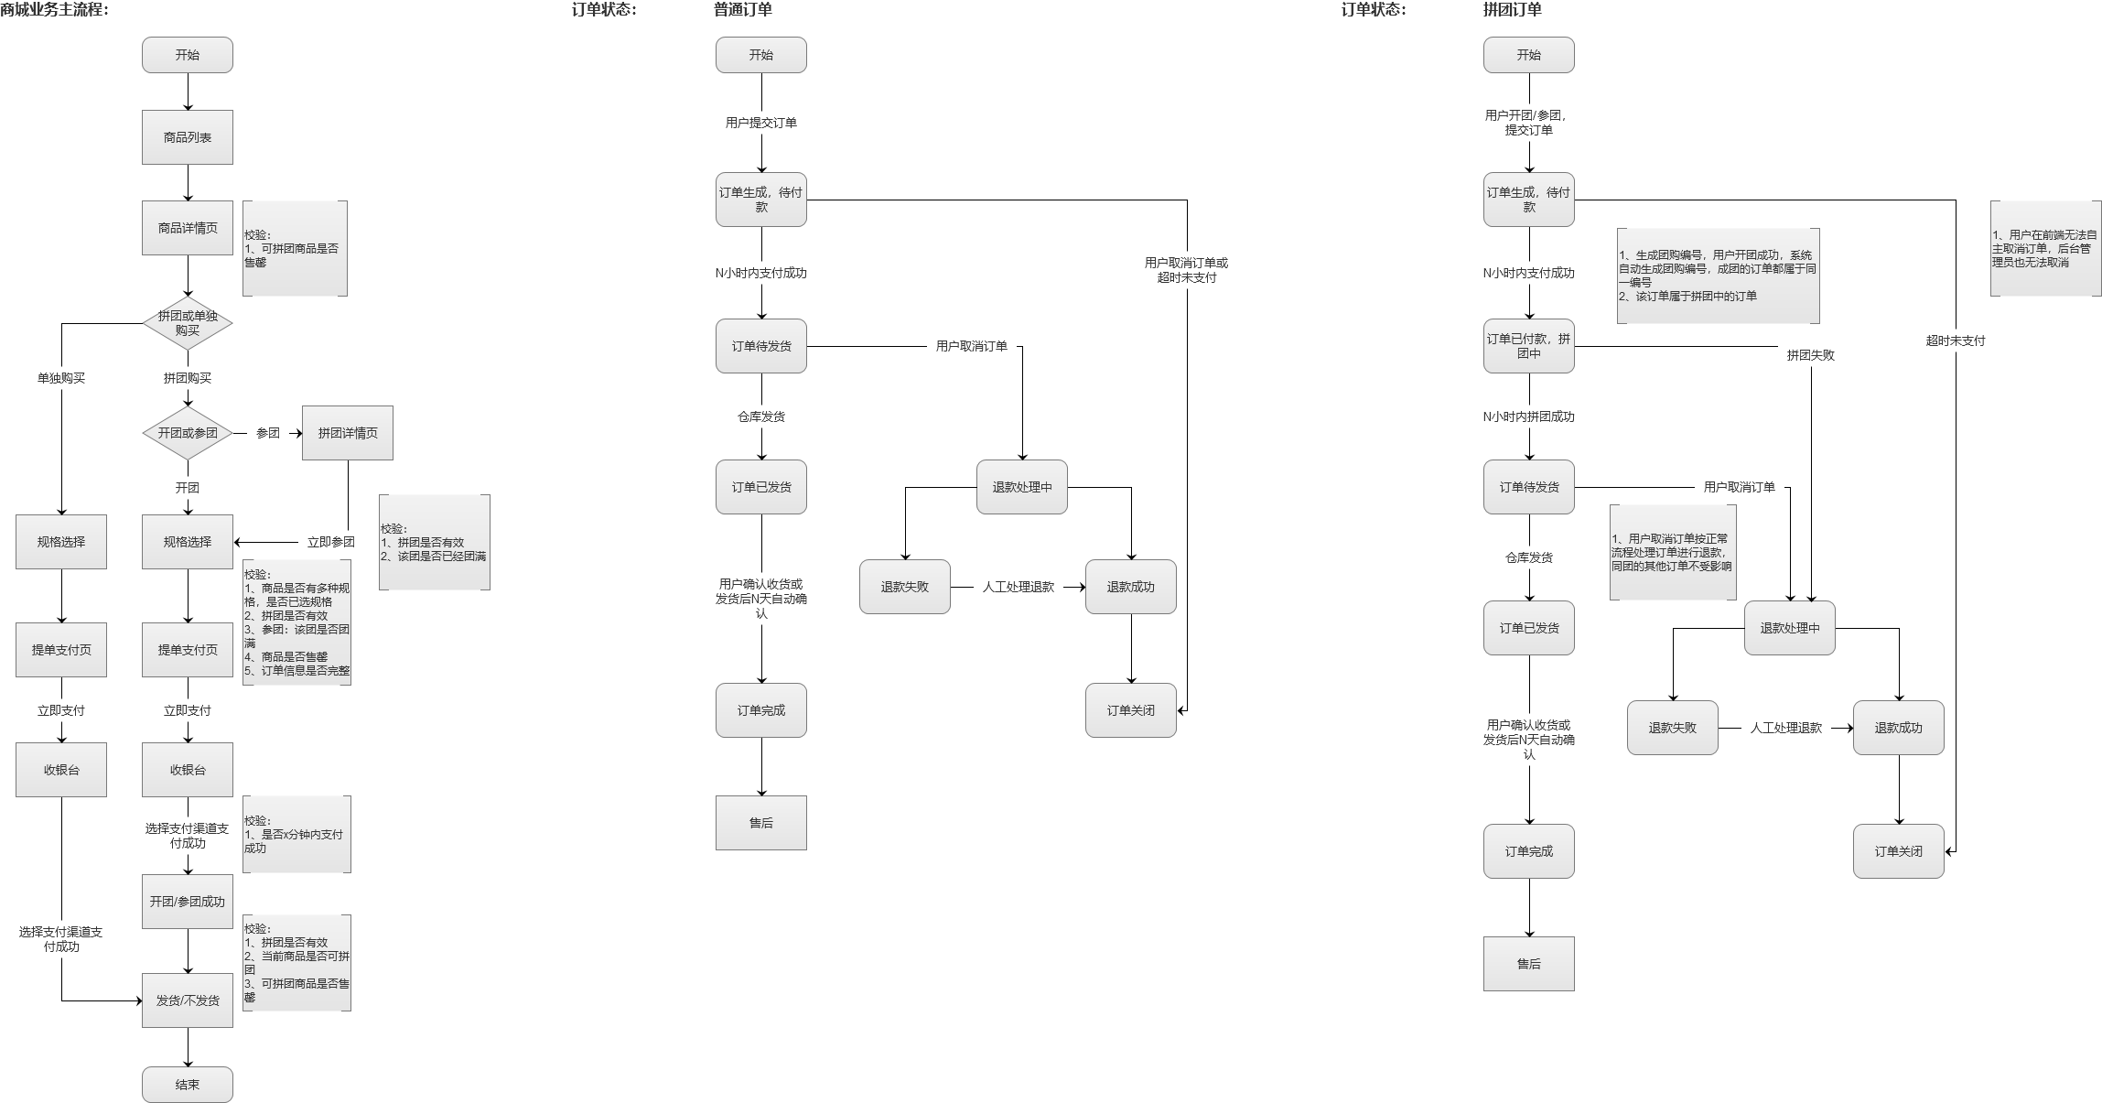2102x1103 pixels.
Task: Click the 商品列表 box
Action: tap(187, 137)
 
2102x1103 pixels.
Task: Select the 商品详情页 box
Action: tap(187, 228)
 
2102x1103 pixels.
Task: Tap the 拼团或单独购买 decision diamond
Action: tap(187, 323)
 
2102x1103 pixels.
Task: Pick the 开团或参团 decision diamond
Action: tap(187, 433)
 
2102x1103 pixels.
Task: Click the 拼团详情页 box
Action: tap(347, 433)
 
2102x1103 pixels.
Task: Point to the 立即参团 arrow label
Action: tap(330, 542)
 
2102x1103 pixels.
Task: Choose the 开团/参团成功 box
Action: tap(187, 902)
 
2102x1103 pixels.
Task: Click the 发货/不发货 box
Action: tap(187, 1000)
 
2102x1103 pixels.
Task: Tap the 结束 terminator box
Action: tap(187, 1085)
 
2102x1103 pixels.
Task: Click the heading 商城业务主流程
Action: tap(55, 10)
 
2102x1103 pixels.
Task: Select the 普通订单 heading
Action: tap(742, 10)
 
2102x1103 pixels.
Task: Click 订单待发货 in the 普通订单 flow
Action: tap(760, 346)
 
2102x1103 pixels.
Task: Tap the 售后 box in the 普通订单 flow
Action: tap(760, 823)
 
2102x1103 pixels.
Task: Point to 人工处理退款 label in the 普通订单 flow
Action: tap(1018, 587)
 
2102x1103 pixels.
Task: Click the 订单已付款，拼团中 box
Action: tap(1528, 346)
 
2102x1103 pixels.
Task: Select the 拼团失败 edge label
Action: tap(1810, 355)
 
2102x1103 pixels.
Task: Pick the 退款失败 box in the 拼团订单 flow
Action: tap(1672, 728)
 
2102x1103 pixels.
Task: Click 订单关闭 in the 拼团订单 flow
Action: tap(1898, 851)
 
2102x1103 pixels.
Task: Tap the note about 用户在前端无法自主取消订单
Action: tap(2045, 249)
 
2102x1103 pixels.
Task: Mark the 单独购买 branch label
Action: tap(60, 378)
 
